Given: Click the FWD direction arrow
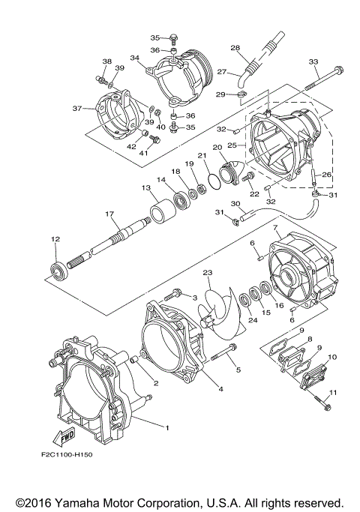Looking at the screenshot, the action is pos(64,437).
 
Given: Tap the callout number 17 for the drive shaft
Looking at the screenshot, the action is pos(109,214).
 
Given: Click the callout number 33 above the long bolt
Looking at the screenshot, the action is pos(313,61).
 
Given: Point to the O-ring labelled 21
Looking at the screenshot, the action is pos(214,181).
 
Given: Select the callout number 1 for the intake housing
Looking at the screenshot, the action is pos(167,427).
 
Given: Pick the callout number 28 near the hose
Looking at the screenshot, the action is pos(235,48).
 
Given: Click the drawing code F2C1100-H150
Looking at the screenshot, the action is pos(67,454).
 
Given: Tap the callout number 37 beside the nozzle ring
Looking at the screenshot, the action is pos(77,108).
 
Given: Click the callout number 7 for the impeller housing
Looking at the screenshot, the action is pos(275,226).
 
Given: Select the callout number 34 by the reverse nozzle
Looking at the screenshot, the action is pos(134,58).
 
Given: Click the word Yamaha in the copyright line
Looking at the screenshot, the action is pos(76,502).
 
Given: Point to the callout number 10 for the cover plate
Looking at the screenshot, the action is pos(332,357).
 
